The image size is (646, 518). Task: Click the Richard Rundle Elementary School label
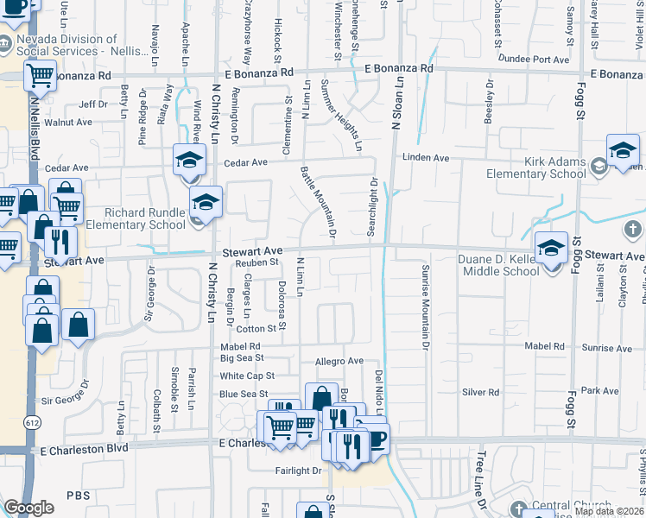pos(144,218)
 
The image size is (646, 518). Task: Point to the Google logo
pos(28,508)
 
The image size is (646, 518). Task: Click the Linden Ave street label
pos(426,158)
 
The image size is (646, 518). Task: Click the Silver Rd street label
pos(481,392)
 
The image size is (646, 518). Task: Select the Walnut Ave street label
pos(68,123)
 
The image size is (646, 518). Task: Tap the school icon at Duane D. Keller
pos(550,249)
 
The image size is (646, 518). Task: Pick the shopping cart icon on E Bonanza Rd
pos(40,76)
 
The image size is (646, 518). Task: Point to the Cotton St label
pos(256,328)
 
